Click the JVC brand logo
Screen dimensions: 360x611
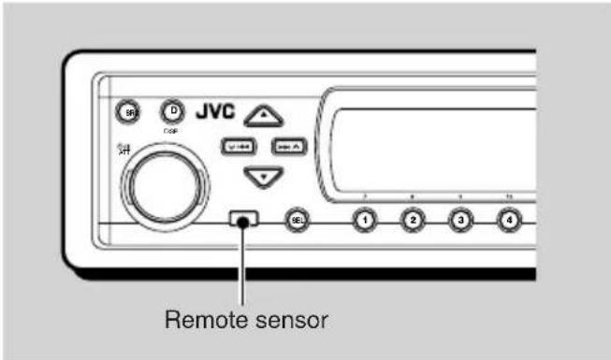click(x=217, y=111)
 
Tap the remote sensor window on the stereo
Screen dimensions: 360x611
click(x=242, y=222)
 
